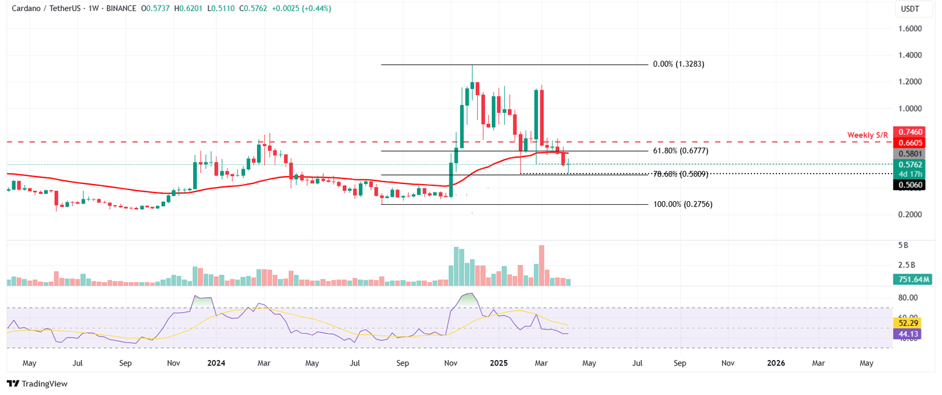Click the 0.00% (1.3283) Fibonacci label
[678, 64]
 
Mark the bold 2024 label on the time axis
[215, 363]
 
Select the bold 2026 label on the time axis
[776, 363]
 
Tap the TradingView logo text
[44, 384]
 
